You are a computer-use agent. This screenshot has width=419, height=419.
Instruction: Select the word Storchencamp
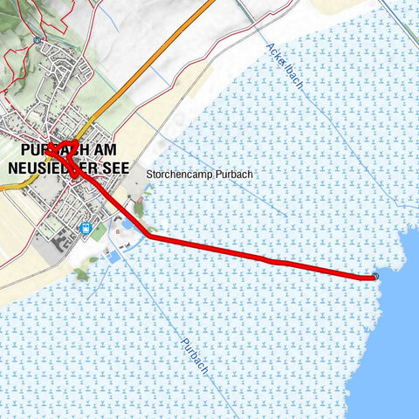point(181,175)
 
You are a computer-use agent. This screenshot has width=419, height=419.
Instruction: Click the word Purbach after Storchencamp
point(235,175)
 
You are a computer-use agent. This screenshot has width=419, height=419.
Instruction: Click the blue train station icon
point(85,228)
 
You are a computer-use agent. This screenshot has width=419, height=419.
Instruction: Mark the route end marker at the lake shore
point(375,277)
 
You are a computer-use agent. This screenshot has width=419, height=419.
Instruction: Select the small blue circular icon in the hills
point(38,39)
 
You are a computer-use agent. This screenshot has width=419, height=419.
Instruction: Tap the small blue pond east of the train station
point(127,224)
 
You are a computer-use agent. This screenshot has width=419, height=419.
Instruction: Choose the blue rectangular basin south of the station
point(113,259)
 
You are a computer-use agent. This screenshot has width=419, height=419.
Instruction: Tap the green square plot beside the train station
point(100,232)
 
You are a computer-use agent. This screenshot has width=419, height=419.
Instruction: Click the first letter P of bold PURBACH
point(10,151)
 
